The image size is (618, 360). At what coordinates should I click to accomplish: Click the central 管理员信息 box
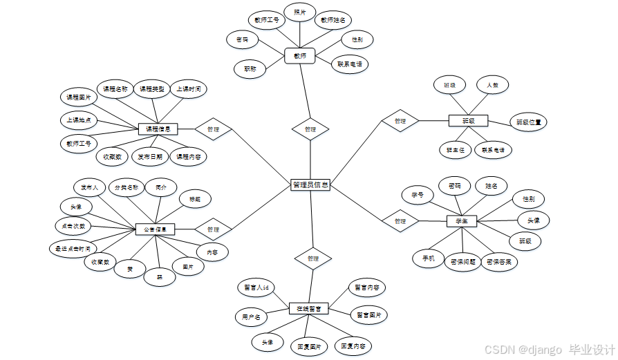pyautogui.click(x=310, y=185)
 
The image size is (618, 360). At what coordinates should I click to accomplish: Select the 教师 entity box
pyautogui.click(x=299, y=55)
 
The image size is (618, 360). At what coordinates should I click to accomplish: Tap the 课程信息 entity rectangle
pyautogui.click(x=158, y=129)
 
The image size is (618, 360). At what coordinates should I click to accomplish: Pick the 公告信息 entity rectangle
pyautogui.click(x=155, y=229)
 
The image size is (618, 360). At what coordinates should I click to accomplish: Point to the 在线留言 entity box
pyautogui.click(x=308, y=308)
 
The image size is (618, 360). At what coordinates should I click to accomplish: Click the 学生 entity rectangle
pyautogui.click(x=462, y=221)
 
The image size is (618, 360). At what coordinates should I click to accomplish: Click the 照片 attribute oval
pyautogui.click(x=300, y=12)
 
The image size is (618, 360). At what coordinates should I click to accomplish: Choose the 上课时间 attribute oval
pyautogui.click(x=188, y=89)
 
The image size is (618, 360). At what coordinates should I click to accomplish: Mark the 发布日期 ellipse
pyautogui.click(x=149, y=157)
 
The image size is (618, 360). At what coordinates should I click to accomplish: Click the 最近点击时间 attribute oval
pyautogui.click(x=72, y=247)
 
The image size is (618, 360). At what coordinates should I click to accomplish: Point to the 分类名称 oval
pyautogui.click(x=126, y=187)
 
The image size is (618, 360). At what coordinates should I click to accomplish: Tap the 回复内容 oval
pyautogui.click(x=353, y=345)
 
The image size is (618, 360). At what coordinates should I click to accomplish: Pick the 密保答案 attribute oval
pyautogui.click(x=503, y=262)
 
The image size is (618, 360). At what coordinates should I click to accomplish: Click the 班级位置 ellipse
pyautogui.click(x=528, y=122)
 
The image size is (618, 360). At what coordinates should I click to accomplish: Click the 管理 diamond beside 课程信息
pyautogui.click(x=213, y=129)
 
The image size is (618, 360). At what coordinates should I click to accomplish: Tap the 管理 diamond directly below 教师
pyautogui.click(x=310, y=129)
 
